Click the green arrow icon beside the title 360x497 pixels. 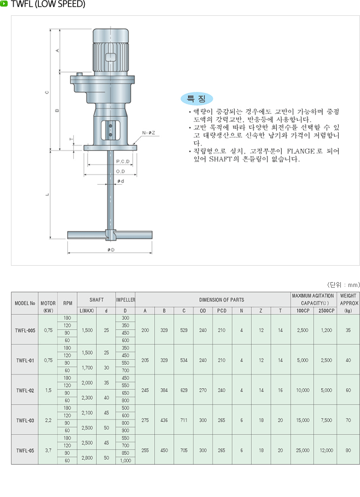4,5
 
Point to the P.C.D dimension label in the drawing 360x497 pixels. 123,162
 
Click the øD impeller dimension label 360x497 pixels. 111,249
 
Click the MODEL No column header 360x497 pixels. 25,301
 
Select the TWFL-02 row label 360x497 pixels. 25,390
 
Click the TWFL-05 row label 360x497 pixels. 25,450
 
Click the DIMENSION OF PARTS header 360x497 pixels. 214,300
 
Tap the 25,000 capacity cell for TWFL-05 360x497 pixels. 302,450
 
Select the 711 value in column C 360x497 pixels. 183,420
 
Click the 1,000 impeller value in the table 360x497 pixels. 125,461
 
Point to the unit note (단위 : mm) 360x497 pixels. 344,285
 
